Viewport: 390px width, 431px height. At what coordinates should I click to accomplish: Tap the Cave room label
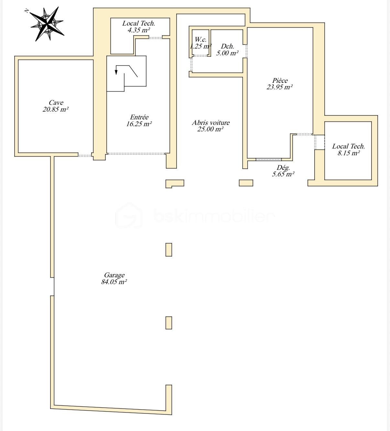(56, 103)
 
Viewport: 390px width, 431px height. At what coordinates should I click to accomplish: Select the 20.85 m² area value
(56, 109)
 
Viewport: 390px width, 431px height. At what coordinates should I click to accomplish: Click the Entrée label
(139, 117)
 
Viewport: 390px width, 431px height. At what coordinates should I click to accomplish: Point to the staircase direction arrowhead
(116, 72)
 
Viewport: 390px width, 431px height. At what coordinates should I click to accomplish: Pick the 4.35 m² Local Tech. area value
(139, 30)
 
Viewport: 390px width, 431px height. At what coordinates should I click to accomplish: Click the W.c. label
(200, 39)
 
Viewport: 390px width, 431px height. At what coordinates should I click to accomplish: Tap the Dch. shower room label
(227, 46)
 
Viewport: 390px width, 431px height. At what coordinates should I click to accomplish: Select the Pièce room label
(280, 80)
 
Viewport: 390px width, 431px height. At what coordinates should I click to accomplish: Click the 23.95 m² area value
(280, 87)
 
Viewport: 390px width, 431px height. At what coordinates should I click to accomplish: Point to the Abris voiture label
(211, 122)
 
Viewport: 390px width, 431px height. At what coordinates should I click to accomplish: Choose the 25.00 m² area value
(211, 129)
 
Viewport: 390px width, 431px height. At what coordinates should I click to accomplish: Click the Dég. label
(283, 168)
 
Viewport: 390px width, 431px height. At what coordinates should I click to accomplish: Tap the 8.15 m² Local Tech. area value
(349, 153)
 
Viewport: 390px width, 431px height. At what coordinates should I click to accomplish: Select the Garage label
(114, 275)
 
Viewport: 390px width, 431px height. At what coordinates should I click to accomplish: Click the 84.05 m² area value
(114, 282)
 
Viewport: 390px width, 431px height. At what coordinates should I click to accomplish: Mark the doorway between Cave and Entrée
(85, 155)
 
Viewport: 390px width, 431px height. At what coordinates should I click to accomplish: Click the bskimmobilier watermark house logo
(129, 215)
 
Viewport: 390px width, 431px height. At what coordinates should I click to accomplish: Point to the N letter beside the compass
(27, 11)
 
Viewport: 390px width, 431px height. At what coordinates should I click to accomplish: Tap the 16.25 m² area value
(139, 124)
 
